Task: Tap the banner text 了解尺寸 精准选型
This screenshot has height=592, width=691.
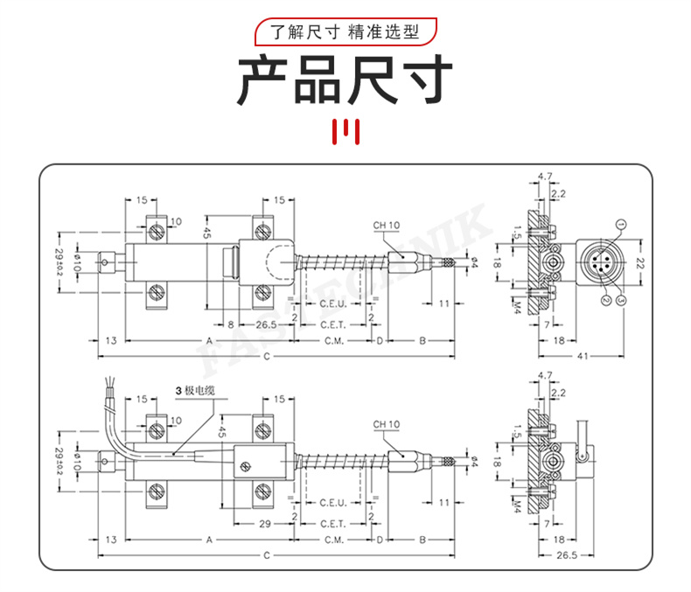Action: [x=345, y=33]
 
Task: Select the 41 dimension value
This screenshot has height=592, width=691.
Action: [x=581, y=356]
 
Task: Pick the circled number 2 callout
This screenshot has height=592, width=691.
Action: [x=604, y=300]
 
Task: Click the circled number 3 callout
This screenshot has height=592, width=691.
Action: [x=621, y=300]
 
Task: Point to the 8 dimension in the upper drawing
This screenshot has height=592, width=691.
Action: [x=230, y=324]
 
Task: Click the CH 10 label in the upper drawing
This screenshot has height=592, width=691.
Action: [x=386, y=226]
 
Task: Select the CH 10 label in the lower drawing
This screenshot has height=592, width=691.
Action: [x=386, y=425]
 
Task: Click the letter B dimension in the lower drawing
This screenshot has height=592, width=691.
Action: [x=422, y=540]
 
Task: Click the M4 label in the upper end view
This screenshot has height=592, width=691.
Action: [x=516, y=306]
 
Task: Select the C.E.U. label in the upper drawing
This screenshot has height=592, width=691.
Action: [x=334, y=303]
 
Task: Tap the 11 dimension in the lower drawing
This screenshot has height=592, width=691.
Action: [x=444, y=503]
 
